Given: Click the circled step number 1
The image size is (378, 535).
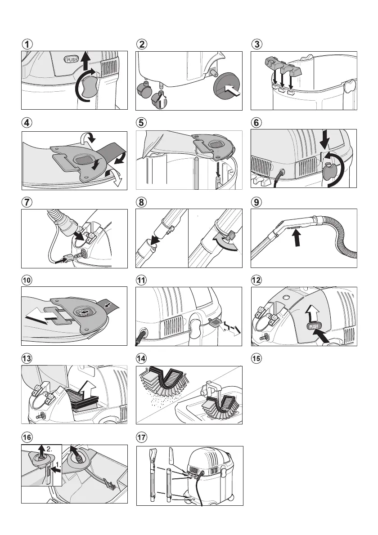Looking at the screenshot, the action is (x=27, y=44).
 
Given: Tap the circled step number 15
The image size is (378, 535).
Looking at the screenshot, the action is (x=256, y=358).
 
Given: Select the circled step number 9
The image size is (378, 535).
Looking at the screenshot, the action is (x=256, y=202).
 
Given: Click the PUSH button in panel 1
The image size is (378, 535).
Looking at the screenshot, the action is (x=72, y=59).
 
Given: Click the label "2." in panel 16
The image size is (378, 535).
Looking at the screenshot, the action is (x=49, y=450).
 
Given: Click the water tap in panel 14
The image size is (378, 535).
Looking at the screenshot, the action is (x=208, y=389).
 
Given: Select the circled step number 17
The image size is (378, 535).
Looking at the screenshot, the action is (x=141, y=437).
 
